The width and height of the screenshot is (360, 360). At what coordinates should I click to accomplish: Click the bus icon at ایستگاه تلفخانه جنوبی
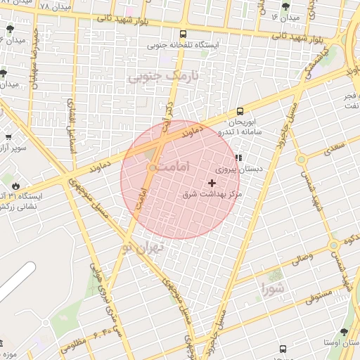(x=184, y=33)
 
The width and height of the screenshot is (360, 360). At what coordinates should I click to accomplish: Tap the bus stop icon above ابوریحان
(x=240, y=111)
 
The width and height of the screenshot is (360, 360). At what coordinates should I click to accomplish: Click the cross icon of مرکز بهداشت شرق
(x=212, y=183)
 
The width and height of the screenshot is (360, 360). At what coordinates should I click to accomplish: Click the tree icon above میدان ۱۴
(x=285, y=6)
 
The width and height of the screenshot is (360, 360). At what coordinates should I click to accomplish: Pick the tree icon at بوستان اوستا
(x=343, y=333)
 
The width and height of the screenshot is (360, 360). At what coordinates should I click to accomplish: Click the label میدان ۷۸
(x=34, y=6)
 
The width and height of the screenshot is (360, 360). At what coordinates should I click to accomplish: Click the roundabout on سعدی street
(x=302, y=159)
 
